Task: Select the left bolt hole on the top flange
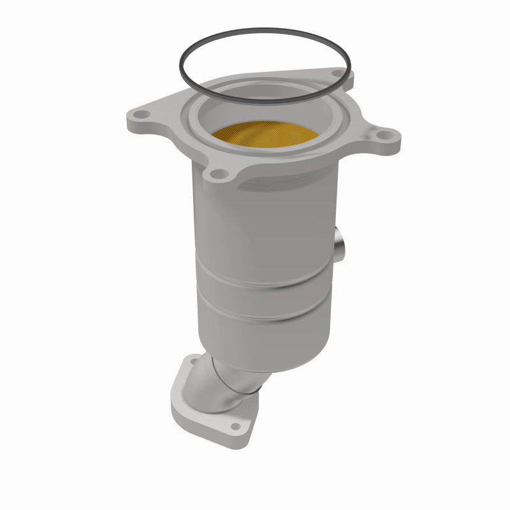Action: point(140,115)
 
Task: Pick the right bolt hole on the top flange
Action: point(384,135)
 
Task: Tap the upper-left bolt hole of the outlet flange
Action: point(189,364)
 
